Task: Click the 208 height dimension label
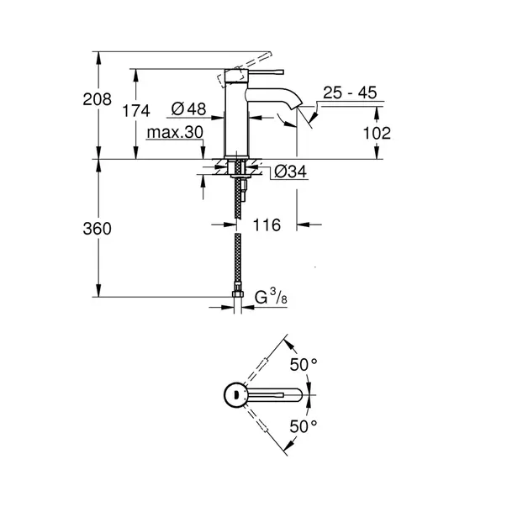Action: (98, 99)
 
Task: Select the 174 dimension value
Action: (135, 110)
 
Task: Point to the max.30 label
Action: (174, 133)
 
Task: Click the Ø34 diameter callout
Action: (289, 172)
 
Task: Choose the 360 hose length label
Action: (98, 229)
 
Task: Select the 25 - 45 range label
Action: (350, 93)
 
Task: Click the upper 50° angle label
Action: (304, 364)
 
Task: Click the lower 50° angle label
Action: (304, 426)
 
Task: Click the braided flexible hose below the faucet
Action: (240, 252)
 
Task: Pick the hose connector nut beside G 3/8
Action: (240, 295)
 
